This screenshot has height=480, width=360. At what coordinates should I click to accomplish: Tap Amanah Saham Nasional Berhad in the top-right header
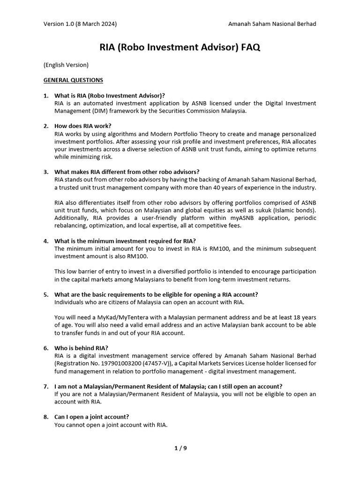click(x=272, y=24)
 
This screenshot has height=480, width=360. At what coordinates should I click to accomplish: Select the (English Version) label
click(x=66, y=65)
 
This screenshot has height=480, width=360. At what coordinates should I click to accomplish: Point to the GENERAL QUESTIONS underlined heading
click(x=73, y=80)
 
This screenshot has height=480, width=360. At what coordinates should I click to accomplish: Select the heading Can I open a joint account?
click(x=92, y=417)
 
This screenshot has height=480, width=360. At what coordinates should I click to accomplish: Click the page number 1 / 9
click(x=180, y=448)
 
